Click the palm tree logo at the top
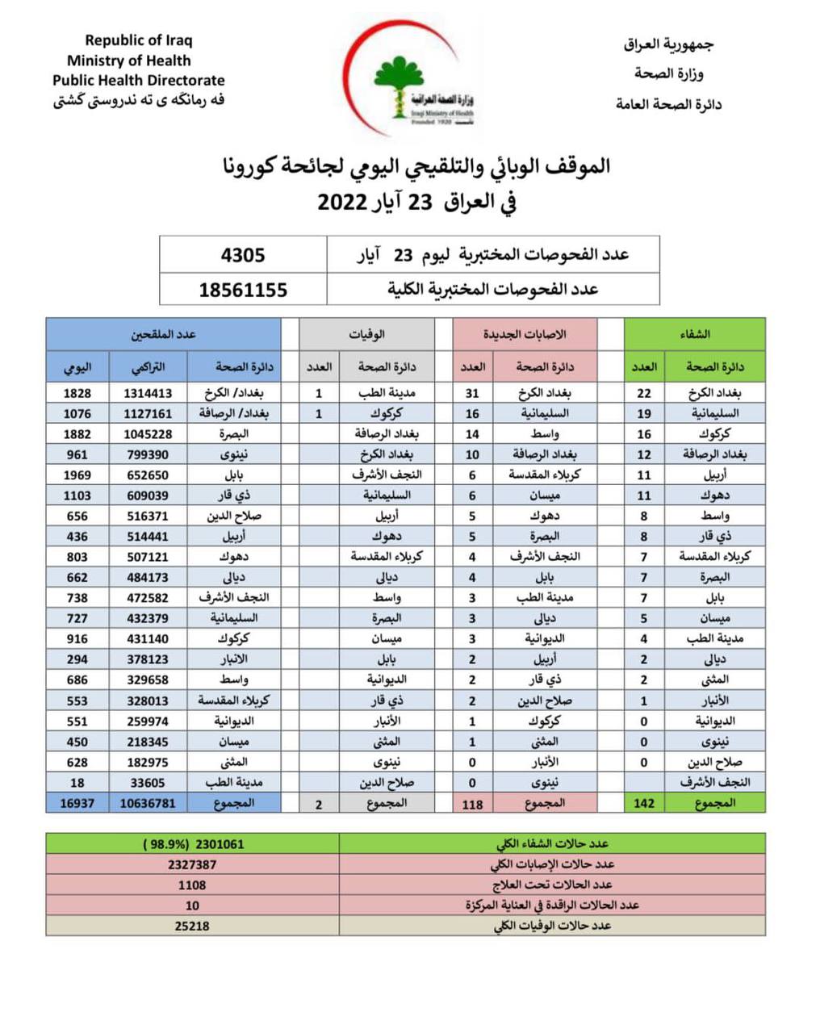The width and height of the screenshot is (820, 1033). (x=399, y=84)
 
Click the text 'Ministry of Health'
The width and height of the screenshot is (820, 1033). (x=129, y=61)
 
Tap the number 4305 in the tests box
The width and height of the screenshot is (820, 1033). (x=243, y=255)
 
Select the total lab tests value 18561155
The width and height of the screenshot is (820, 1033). (x=243, y=290)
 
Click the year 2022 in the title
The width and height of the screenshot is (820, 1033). (x=342, y=202)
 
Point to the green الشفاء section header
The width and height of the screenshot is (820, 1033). (x=695, y=333)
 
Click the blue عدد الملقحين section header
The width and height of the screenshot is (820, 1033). (x=163, y=333)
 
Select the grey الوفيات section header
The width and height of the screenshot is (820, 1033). (x=366, y=333)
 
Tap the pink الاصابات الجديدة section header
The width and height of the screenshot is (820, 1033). (x=525, y=333)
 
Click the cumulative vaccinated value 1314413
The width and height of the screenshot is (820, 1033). (x=149, y=393)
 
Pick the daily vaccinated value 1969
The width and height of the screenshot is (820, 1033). (x=77, y=475)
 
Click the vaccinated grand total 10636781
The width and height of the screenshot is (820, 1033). (x=148, y=803)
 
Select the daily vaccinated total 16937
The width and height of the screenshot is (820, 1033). (x=77, y=803)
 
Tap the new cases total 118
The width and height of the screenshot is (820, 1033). (x=472, y=804)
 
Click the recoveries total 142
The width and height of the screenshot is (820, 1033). (x=644, y=803)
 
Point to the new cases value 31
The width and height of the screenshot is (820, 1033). (x=472, y=393)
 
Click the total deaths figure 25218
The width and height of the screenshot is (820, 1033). (x=192, y=926)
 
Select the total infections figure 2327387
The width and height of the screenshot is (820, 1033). (x=192, y=864)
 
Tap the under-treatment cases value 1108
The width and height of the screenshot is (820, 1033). (x=192, y=885)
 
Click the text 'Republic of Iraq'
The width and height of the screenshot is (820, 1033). (x=139, y=40)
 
